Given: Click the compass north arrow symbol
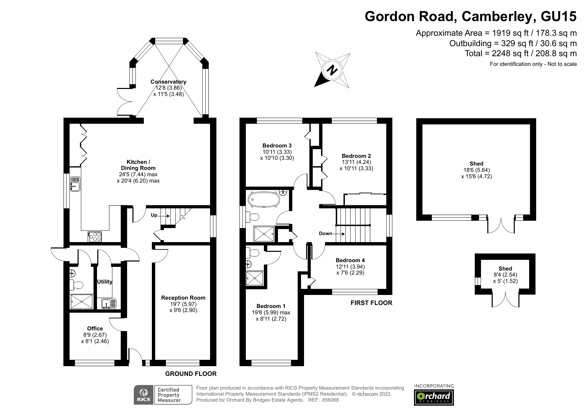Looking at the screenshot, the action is pyautogui.click(x=332, y=70).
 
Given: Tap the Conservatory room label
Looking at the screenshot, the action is pyautogui.click(x=168, y=82).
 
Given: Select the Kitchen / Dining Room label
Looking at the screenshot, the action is pyautogui.click(x=138, y=165).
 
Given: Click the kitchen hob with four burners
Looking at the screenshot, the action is pyautogui.click(x=95, y=237).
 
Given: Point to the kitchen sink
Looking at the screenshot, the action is pyautogui.click(x=75, y=184).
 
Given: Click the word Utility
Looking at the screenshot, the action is pyautogui.click(x=105, y=282).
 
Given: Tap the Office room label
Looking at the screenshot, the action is pyautogui.click(x=95, y=328).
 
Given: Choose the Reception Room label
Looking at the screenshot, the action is pyautogui.click(x=183, y=298).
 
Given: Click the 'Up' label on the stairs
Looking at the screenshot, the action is pyautogui.click(x=154, y=215).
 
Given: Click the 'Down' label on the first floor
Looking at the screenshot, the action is pyautogui.click(x=325, y=233).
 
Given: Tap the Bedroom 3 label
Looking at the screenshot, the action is pyautogui.click(x=277, y=145).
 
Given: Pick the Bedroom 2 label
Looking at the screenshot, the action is pyautogui.click(x=356, y=156).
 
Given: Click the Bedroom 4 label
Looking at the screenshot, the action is pyautogui.click(x=350, y=260).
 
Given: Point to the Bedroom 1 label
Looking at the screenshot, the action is pyautogui.click(x=271, y=306).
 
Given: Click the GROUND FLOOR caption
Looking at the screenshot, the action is pyautogui.click(x=191, y=374).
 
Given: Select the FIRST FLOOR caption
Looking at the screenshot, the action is pyautogui.click(x=371, y=303).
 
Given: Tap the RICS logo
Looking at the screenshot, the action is pyautogui.click(x=144, y=395).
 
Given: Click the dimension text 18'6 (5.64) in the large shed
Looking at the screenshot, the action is pyautogui.click(x=476, y=170).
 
